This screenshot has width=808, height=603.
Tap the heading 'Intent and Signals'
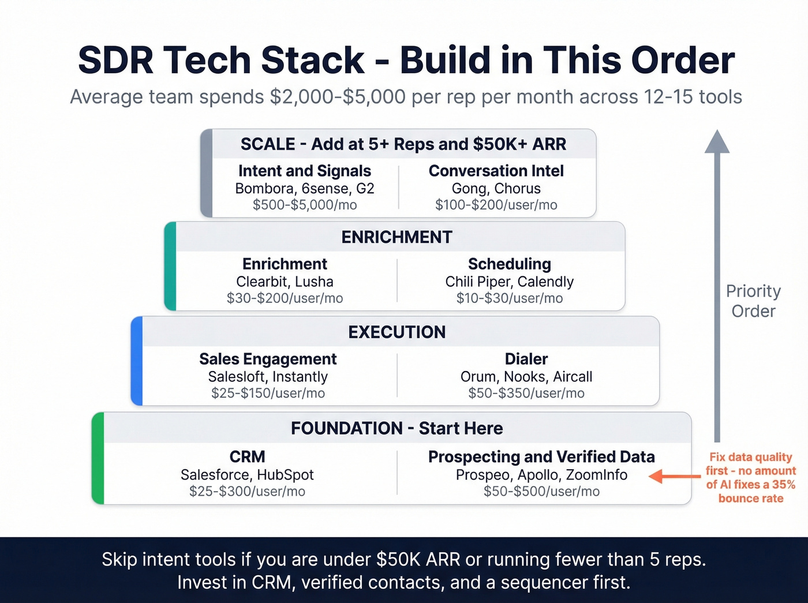tap(305, 171)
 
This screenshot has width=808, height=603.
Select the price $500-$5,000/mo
tap(305, 205)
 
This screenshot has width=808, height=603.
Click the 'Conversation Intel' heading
tap(496, 171)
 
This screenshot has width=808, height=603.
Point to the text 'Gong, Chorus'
tap(496, 189)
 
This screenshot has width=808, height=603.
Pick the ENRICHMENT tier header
tap(397, 237)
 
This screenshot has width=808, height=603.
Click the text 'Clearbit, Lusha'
tap(285, 282)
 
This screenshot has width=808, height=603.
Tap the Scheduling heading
tap(510, 264)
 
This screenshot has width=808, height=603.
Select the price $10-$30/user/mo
tap(510, 298)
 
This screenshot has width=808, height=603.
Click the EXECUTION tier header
tap(397, 332)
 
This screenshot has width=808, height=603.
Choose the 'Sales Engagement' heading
tap(268, 359)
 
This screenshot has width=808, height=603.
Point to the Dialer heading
tap(526, 359)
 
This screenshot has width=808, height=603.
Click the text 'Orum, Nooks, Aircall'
tap(526, 377)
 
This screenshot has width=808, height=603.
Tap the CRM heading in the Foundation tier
tap(247, 456)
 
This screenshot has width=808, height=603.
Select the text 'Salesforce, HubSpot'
tap(247, 475)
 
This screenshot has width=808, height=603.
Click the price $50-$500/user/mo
tap(541, 492)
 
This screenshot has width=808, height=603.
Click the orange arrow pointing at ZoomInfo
tap(674, 477)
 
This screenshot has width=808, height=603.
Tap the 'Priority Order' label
tap(753, 301)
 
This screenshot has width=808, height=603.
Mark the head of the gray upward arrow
tap(717, 142)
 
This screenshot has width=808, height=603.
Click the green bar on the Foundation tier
tap(98, 458)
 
